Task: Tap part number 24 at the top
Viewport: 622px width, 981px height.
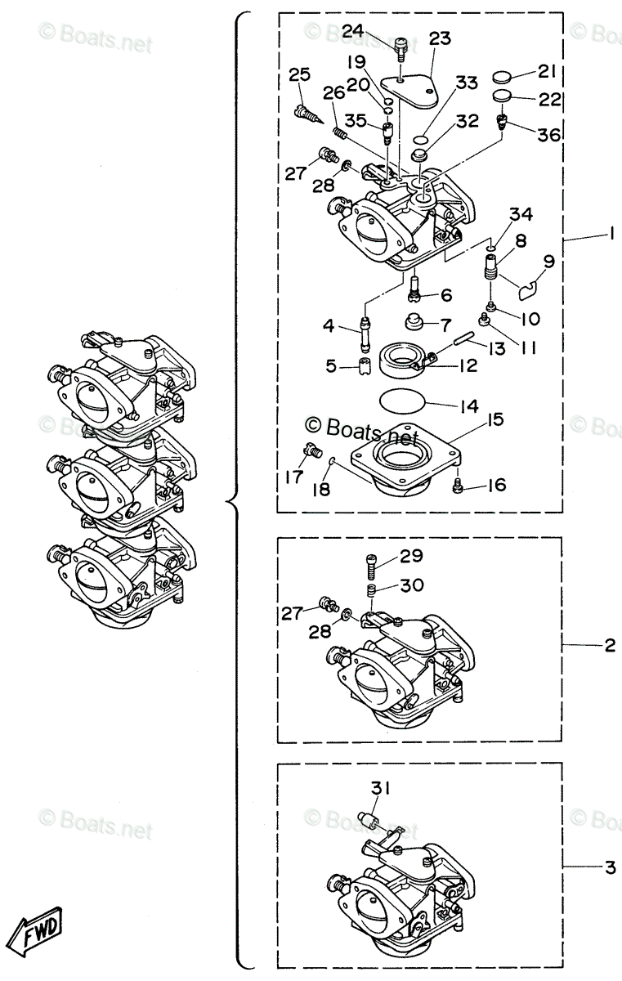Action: pyautogui.click(x=353, y=31)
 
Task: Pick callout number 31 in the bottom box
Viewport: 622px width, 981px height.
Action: pyautogui.click(x=382, y=788)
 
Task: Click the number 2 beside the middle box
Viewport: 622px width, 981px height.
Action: pyautogui.click(x=609, y=645)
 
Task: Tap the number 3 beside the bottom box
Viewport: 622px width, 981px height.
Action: pyautogui.click(x=609, y=867)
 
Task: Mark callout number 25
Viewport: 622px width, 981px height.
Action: pyautogui.click(x=300, y=76)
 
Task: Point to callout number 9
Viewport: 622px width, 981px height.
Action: pyautogui.click(x=548, y=262)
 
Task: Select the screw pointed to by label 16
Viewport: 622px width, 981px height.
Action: pyautogui.click(x=459, y=487)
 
